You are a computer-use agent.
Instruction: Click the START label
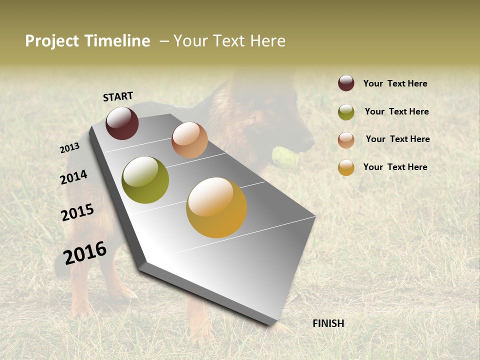click(118, 96)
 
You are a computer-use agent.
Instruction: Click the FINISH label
click(328, 323)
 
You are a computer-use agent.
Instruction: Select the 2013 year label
click(69, 148)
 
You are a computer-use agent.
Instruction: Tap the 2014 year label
click(73, 177)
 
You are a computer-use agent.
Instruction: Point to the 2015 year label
click(77, 212)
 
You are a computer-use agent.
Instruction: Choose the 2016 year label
click(85, 253)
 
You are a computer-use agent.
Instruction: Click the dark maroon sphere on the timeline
click(122, 123)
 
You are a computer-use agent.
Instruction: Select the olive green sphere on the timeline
click(145, 180)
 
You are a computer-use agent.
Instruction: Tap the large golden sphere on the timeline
click(216, 207)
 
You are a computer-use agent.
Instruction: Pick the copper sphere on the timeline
click(189, 140)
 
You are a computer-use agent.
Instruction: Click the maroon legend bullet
click(346, 83)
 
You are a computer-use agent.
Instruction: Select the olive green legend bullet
click(346, 112)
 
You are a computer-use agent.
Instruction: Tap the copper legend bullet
click(346, 140)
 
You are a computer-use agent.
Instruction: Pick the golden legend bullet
click(346, 167)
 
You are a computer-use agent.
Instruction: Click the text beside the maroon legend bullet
click(395, 83)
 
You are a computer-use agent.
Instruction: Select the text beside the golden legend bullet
click(395, 167)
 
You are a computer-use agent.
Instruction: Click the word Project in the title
click(51, 41)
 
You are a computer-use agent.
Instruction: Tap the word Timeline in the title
click(117, 41)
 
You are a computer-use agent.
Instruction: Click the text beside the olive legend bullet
click(396, 111)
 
